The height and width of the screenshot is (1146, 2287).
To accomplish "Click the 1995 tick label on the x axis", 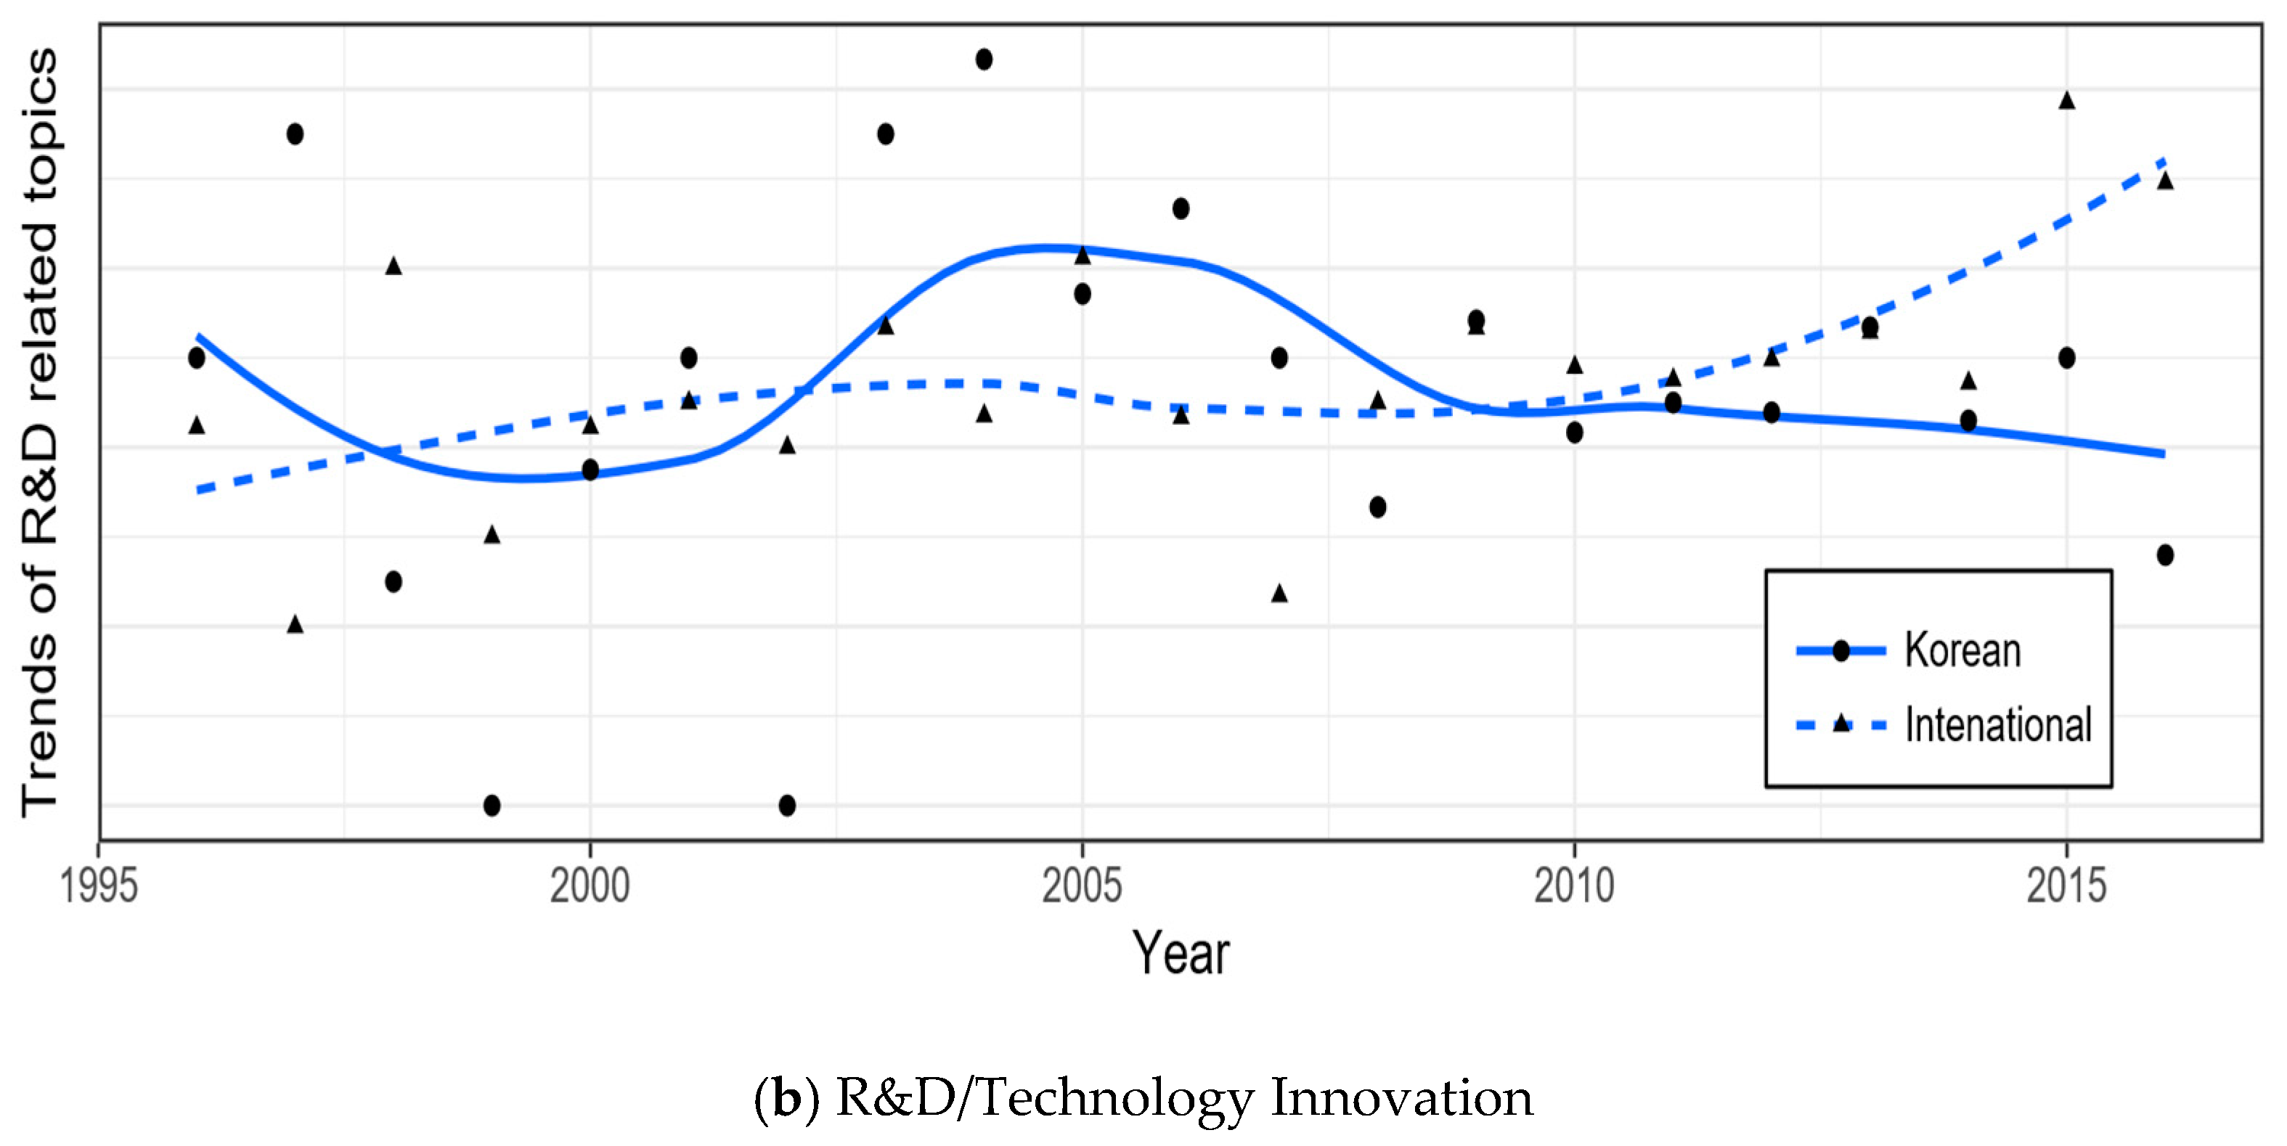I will tap(99, 886).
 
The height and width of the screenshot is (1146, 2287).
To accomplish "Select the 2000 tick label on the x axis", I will tap(590, 886).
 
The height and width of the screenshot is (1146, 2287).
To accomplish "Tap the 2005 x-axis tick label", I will tap(1081, 886).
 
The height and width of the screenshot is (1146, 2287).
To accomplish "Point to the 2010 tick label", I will tap(1573, 886).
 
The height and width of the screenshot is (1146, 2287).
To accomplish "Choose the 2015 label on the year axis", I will tap(2066, 886).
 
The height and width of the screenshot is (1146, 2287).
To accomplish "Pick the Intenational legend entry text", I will tap(1997, 724).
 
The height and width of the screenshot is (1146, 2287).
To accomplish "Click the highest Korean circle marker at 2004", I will tap(984, 60).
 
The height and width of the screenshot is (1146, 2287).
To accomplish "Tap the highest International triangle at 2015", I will tap(2067, 100).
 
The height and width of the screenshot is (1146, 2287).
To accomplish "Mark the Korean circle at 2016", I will tap(2165, 554).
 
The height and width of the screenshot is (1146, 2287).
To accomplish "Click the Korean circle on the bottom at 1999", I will tap(492, 805).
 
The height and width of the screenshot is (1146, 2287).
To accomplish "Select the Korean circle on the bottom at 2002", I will tap(786, 805).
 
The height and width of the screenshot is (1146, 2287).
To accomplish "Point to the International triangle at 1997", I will tap(295, 624).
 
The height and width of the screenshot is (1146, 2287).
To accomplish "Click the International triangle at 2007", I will tap(1279, 593).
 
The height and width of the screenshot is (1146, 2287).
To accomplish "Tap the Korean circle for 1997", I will tap(295, 134).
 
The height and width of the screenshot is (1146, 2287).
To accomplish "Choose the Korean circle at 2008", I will tap(1378, 507).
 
